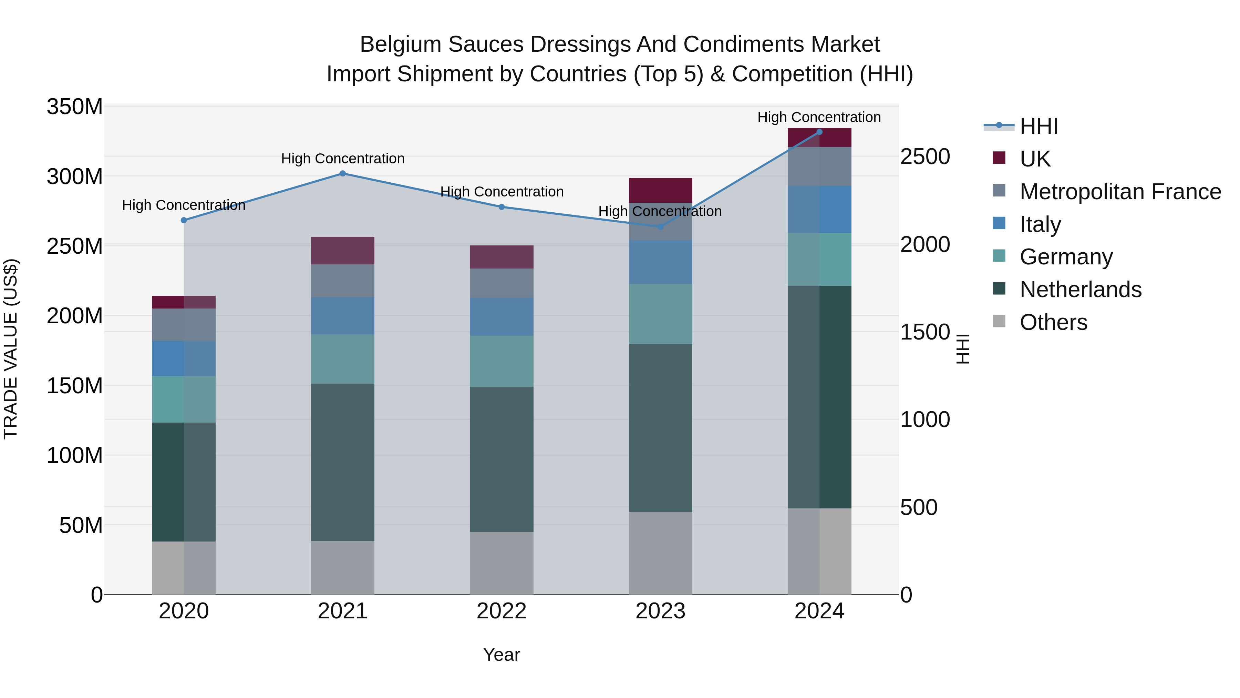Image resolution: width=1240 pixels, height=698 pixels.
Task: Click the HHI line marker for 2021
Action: pos(342,173)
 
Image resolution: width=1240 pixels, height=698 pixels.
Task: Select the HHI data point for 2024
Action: pos(819,132)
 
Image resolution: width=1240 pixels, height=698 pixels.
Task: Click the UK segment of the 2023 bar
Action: pos(660,190)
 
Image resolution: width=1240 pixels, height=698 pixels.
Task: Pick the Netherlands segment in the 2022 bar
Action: pos(501,459)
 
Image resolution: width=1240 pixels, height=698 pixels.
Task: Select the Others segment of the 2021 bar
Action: pos(342,567)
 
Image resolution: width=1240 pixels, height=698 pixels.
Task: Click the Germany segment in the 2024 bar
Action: pos(819,259)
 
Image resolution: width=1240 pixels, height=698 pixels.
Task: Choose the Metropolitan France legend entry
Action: pos(1120,192)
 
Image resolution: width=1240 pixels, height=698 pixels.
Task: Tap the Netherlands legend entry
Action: pos(1080,290)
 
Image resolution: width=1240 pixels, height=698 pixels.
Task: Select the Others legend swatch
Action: pos(999,321)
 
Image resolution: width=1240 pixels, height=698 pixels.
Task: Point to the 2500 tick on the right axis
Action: pos(925,156)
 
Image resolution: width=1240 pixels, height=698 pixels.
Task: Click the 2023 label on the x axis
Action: pos(660,611)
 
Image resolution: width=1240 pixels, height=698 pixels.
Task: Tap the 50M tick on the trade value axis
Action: pos(80,525)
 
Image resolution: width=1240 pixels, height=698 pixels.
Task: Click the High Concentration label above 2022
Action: pos(502,192)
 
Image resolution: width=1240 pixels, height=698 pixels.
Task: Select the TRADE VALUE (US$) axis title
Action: pos(11,349)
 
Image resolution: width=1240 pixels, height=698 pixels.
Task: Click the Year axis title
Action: pos(501,655)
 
